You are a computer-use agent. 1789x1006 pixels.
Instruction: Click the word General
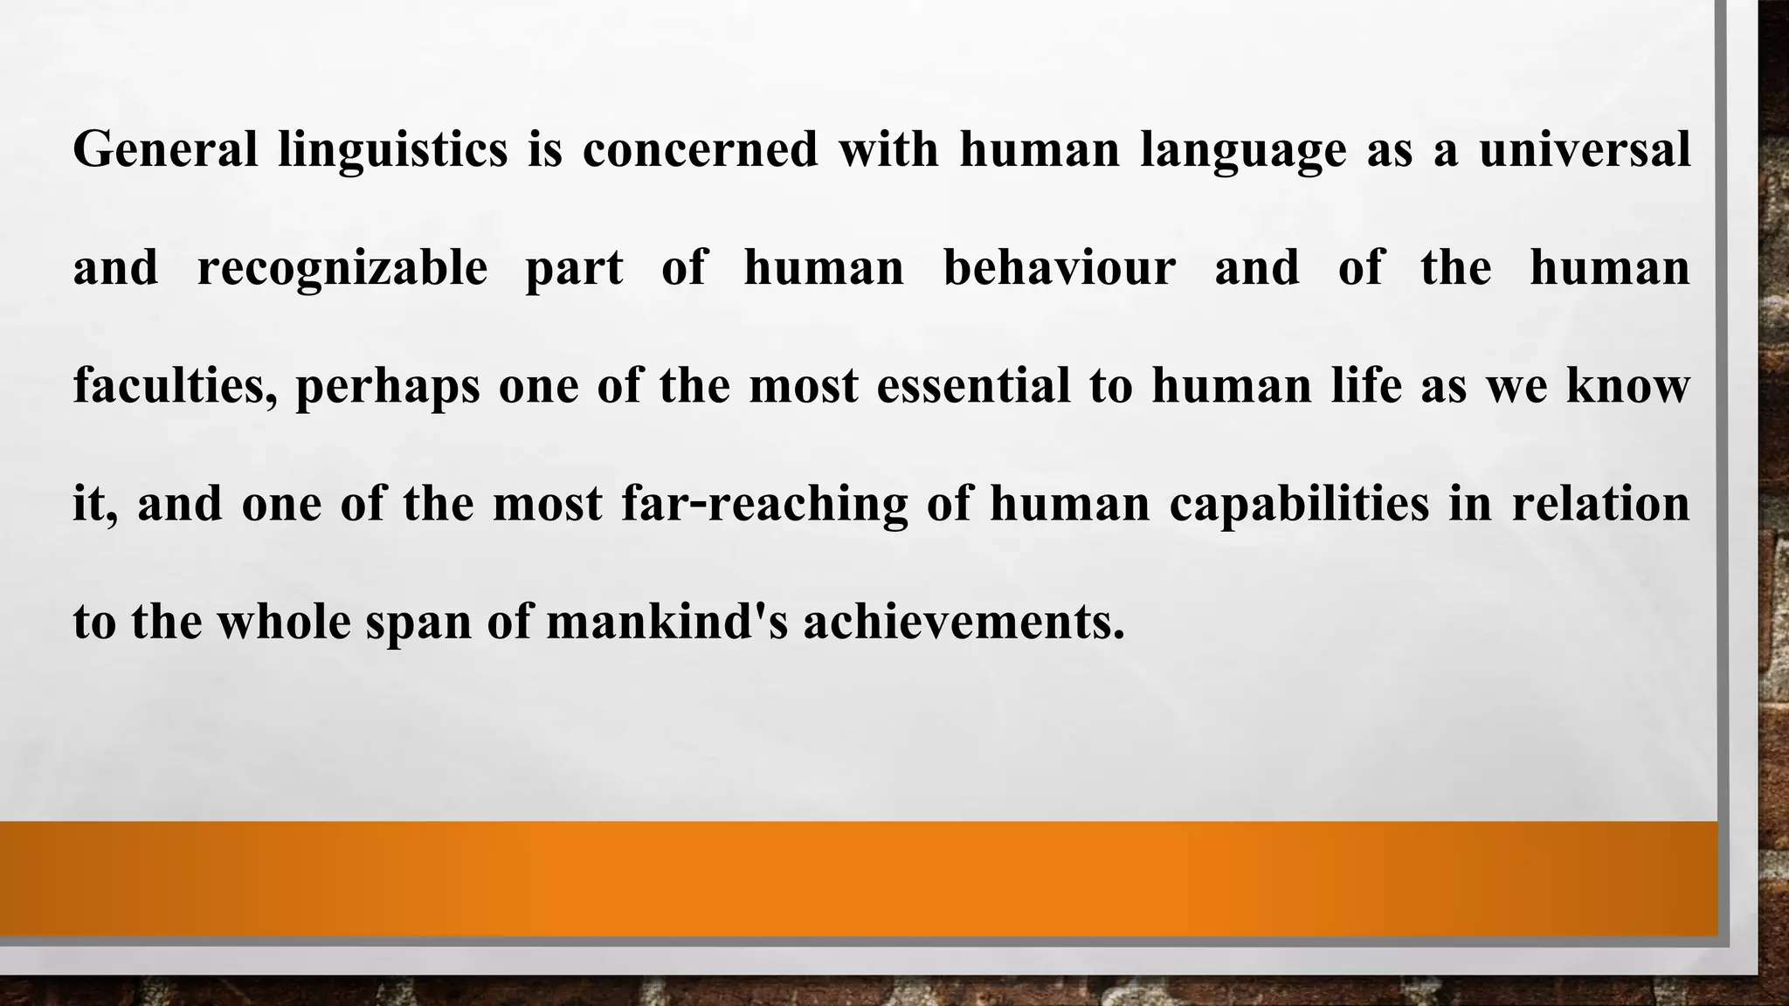165,148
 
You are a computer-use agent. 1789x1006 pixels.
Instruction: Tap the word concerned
700,148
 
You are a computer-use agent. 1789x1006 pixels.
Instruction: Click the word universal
1585,148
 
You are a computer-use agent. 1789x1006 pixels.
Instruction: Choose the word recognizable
342,268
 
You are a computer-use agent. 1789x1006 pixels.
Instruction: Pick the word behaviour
1060,267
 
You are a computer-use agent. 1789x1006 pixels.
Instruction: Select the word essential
973,386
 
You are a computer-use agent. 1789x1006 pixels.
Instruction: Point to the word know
1627,386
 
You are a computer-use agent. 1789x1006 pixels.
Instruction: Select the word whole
283,623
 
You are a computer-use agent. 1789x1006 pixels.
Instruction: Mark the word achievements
964,623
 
